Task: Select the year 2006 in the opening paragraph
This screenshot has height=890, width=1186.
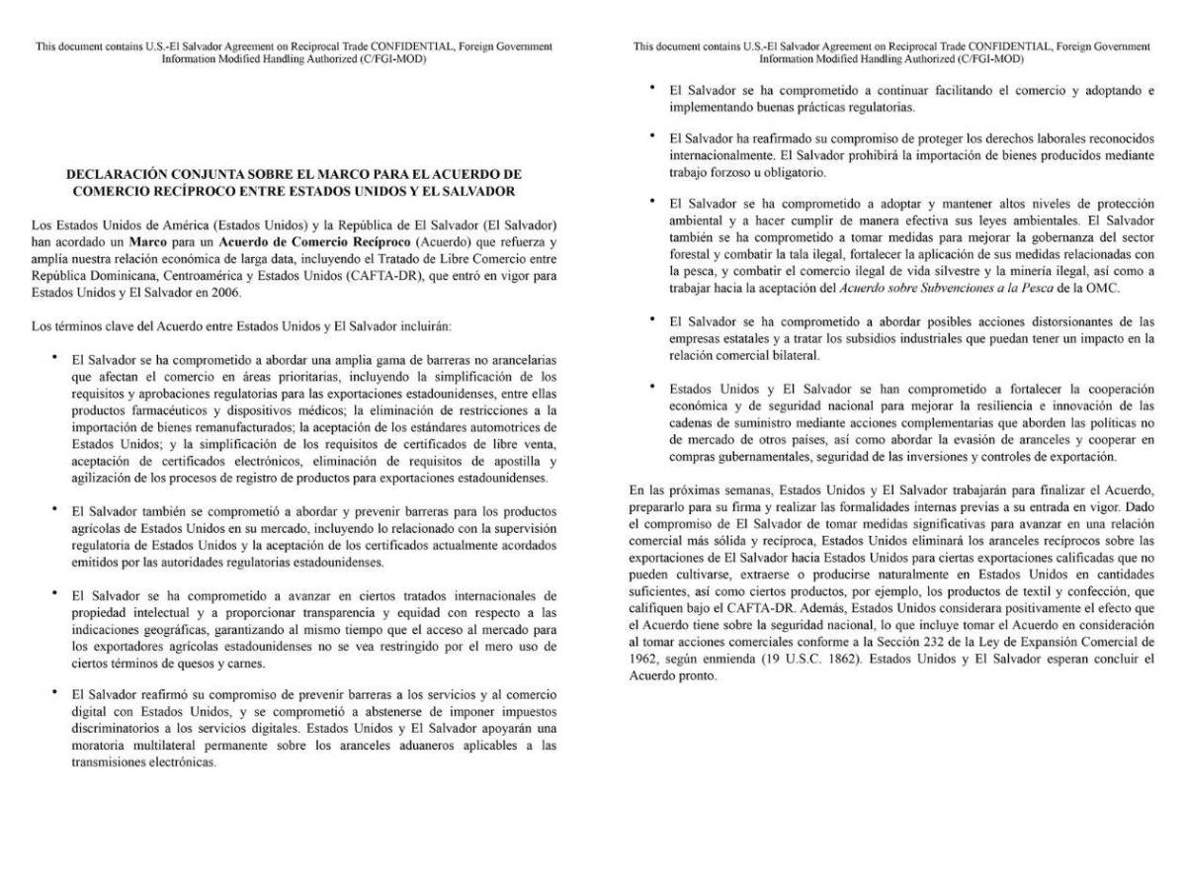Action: pos(224,293)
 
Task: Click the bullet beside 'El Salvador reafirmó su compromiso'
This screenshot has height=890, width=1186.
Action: pos(55,693)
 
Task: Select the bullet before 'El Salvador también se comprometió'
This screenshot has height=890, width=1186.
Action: pos(55,509)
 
